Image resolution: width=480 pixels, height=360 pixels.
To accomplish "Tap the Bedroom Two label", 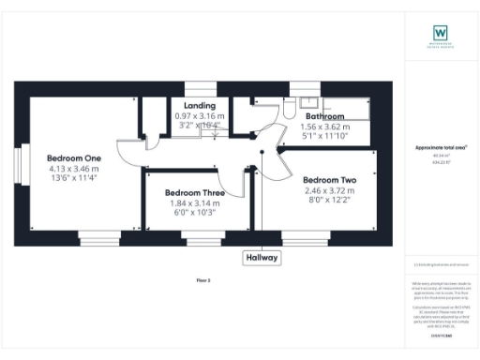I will pyautogui.click(x=328, y=179).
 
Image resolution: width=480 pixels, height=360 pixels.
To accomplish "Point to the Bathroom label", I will pyautogui.click(x=325, y=116).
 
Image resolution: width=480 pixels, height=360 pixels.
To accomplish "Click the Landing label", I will pyautogui.click(x=200, y=105).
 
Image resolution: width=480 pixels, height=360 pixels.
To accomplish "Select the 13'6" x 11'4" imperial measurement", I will pyautogui.click(x=74, y=177).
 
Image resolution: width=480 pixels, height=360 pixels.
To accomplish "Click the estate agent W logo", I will pyautogui.click(x=440, y=34).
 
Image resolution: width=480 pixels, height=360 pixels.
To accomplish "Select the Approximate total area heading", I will pyautogui.click(x=441, y=148).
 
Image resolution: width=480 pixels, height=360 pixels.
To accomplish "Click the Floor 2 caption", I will pyautogui.click(x=203, y=279).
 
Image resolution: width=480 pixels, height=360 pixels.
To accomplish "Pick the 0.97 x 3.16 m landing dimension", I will pyautogui.click(x=198, y=115).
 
